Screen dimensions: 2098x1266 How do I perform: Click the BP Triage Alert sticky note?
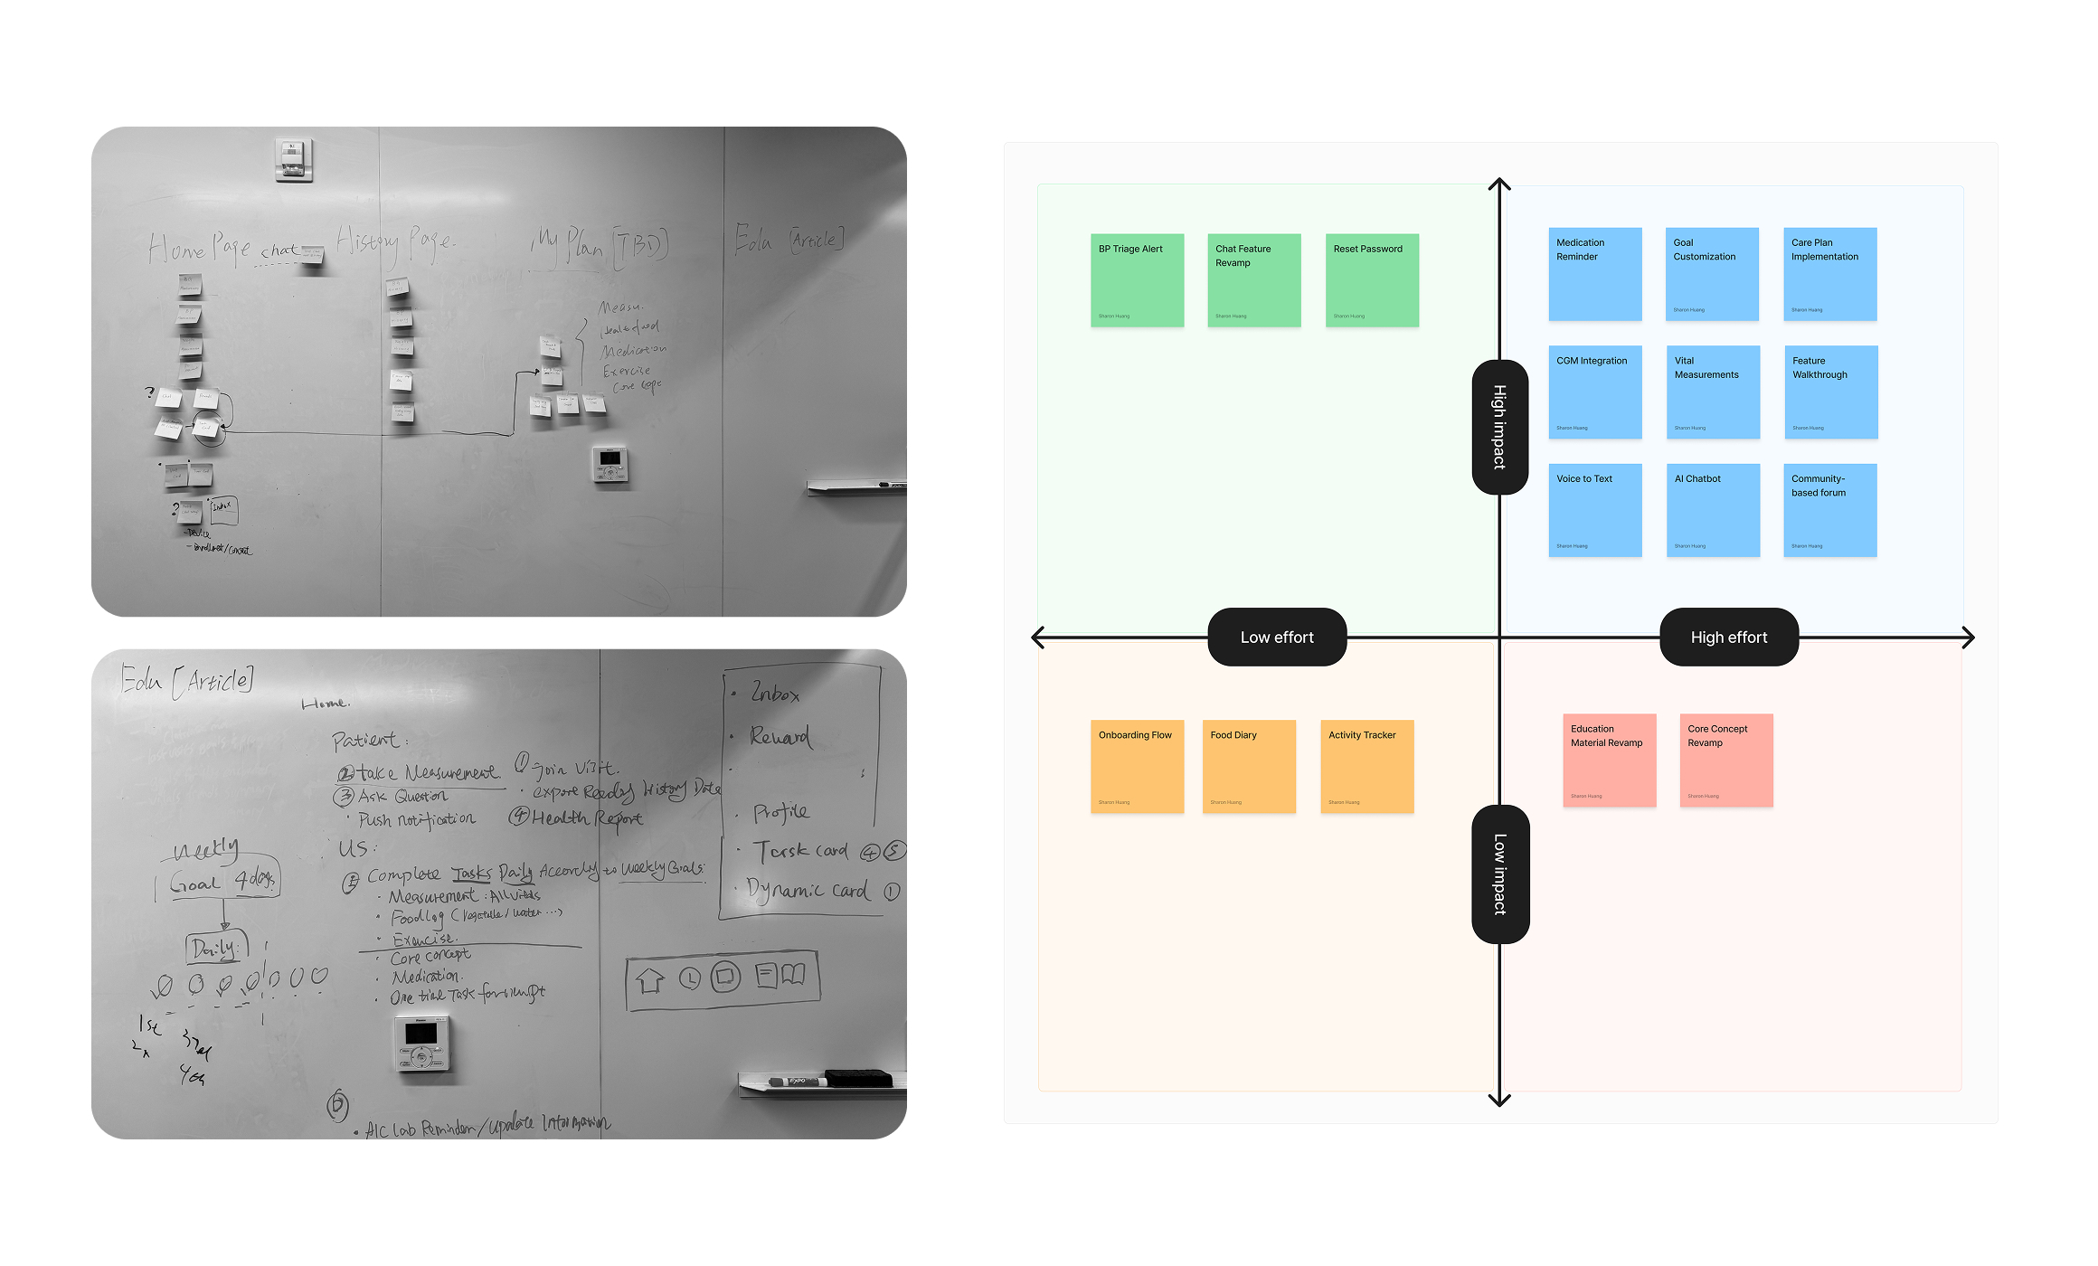click(x=1137, y=280)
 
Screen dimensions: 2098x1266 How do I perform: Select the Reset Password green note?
click(x=1372, y=280)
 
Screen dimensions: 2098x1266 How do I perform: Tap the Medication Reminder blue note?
click(x=1595, y=274)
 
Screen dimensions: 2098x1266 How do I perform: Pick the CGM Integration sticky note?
click(x=1595, y=392)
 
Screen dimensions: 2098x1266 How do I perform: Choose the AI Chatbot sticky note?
click(x=1713, y=510)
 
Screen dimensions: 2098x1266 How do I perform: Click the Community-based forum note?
click(x=1830, y=510)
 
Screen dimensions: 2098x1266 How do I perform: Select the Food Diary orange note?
click(x=1249, y=767)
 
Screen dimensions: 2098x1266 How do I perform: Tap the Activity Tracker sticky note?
click(x=1366, y=767)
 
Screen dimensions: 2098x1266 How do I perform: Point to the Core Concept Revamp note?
click(x=1726, y=761)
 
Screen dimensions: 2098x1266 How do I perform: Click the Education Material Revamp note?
click(x=1610, y=761)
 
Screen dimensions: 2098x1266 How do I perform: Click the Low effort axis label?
click(x=1277, y=638)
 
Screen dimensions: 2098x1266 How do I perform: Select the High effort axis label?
click(x=1729, y=638)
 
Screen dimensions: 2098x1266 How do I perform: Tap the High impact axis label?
click(x=1499, y=427)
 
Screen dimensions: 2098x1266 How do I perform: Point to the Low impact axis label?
click(x=1500, y=874)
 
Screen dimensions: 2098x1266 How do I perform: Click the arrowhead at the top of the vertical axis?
click(x=1499, y=184)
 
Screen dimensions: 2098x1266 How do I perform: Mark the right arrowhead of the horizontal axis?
click(x=1969, y=638)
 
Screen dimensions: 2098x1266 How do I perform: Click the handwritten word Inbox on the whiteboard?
click(x=775, y=694)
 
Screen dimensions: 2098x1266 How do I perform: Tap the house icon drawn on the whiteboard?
click(x=650, y=979)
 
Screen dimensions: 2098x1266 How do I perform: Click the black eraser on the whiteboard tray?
click(x=858, y=1077)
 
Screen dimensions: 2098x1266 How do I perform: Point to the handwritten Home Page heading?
click(x=199, y=249)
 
